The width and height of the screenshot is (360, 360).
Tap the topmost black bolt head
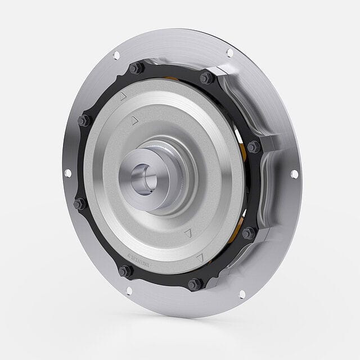click(136, 69)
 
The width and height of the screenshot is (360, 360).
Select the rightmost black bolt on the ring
click(253, 147)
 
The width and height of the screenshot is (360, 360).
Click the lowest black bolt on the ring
click(194, 284)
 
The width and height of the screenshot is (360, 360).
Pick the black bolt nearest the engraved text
click(125, 271)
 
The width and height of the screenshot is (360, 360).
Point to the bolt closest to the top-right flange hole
click(206, 78)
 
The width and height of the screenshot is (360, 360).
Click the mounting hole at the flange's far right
click(294, 174)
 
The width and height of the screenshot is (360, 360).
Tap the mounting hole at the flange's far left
click(68, 173)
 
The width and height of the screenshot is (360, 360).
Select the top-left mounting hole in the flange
click(116, 55)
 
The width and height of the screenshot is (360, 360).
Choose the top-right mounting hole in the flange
click(229, 53)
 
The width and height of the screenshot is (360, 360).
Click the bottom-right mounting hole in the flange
click(242, 294)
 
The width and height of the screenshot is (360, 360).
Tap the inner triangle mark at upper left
click(134, 120)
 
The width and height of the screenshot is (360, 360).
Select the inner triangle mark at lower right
click(188, 232)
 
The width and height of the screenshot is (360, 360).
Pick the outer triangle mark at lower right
click(200, 258)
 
